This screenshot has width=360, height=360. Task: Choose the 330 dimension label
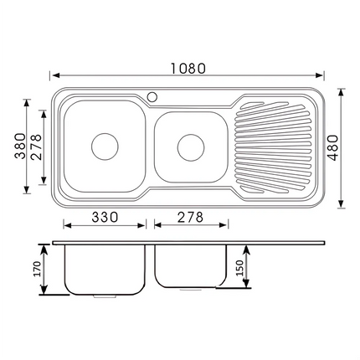pos(104,216)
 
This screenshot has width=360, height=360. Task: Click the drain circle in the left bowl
pos(105,146)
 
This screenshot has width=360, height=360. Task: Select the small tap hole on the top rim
pos(153,96)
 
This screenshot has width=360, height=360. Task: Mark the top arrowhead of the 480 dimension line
pos(342,90)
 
